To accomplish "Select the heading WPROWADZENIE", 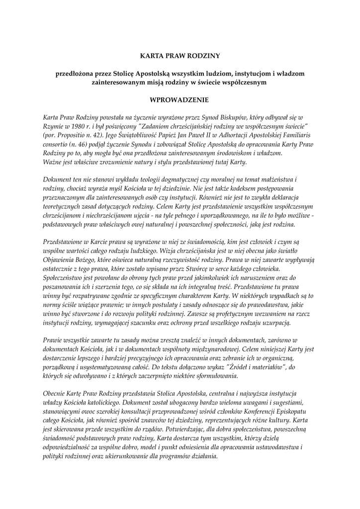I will coord(180,99).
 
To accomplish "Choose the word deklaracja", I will coord(294,197).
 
